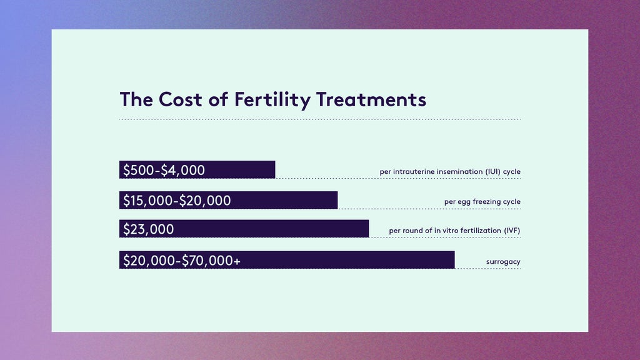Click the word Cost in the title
click(182, 99)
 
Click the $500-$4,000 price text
click(164, 170)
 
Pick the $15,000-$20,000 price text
click(177, 201)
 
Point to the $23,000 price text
click(148, 229)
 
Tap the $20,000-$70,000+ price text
click(181, 261)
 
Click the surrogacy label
click(503, 261)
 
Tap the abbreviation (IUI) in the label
click(494, 171)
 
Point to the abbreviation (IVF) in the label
click(512, 231)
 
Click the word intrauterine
click(412, 171)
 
